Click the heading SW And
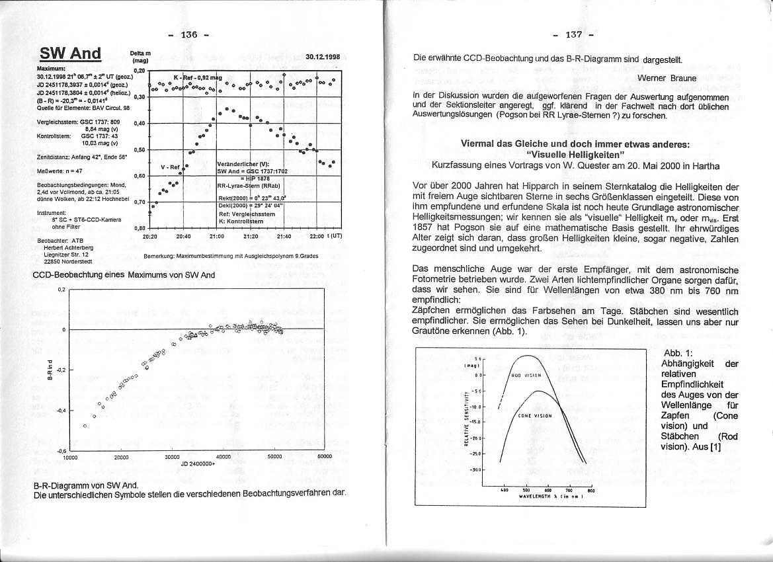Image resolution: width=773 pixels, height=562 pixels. pyautogui.click(x=70, y=54)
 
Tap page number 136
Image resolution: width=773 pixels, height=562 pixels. pyautogui.click(x=188, y=35)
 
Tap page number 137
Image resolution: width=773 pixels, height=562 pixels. pyautogui.click(x=573, y=35)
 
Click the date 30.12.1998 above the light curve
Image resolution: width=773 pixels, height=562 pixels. pyautogui.click(x=323, y=57)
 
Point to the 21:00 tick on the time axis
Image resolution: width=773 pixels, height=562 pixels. pyautogui.click(x=217, y=235)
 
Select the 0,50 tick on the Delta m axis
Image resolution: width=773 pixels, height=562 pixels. pyautogui.click(x=140, y=150)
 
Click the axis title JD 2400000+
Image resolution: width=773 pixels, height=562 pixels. pyautogui.click(x=198, y=463)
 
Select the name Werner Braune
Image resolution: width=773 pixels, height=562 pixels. pyautogui.click(x=667, y=78)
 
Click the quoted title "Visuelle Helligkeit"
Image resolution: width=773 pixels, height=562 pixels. pyautogui.click(x=575, y=154)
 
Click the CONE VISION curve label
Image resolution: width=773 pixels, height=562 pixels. pyautogui.click(x=535, y=416)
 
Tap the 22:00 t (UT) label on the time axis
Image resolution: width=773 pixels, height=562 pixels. pyautogui.click(x=325, y=235)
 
